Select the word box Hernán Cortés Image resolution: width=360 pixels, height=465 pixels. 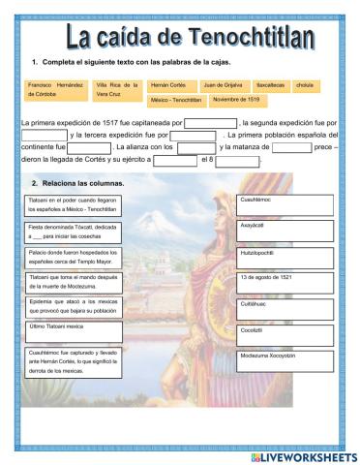pyautogui.click(x=168, y=85)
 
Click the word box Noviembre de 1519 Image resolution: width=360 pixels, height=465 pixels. pyautogui.click(x=235, y=100)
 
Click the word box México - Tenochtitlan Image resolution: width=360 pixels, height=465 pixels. pyautogui.click(x=176, y=100)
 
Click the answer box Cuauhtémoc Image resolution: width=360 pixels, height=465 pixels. pyautogui.click(x=285, y=202)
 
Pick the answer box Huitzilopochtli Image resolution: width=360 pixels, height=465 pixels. pyautogui.click(x=285, y=255)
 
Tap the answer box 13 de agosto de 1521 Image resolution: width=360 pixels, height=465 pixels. pyautogui.click(x=285, y=281)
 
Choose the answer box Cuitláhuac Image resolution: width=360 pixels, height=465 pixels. pyautogui.click(x=285, y=307)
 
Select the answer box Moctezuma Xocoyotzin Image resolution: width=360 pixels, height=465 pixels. pyautogui.click(x=285, y=359)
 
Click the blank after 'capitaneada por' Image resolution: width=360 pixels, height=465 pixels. pyautogui.click(x=210, y=123)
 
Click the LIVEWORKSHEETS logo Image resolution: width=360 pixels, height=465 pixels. pyautogui.click(x=303, y=455)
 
